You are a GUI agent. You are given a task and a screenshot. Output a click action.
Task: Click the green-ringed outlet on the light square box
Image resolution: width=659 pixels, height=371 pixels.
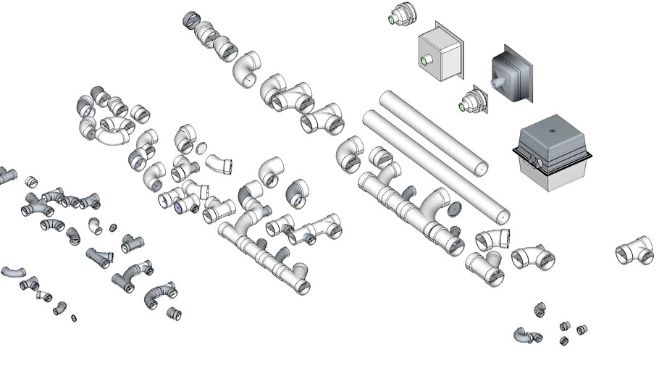click(424, 62)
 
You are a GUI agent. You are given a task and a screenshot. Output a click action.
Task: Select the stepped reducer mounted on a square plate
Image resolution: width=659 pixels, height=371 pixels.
click(473, 103)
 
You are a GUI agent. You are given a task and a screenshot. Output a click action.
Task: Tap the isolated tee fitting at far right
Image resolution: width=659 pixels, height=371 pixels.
click(634, 251)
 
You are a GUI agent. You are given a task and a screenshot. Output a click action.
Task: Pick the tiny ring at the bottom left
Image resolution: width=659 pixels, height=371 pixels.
click(74, 318)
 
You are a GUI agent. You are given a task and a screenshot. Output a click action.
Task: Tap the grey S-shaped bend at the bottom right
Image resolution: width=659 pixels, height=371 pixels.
click(525, 335)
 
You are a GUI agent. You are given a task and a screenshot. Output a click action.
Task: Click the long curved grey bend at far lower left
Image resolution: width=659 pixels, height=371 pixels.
click(13, 272)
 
